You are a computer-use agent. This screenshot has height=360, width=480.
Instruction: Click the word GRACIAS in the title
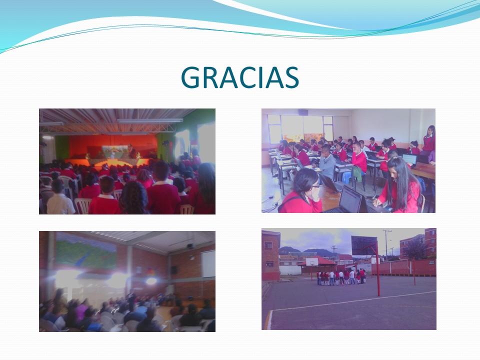tap(239, 77)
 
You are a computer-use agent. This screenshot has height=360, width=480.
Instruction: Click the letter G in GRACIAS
tap(190, 77)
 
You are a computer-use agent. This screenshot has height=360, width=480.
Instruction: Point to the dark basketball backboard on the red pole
tap(364, 245)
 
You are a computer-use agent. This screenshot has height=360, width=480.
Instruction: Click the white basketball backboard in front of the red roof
tap(311, 262)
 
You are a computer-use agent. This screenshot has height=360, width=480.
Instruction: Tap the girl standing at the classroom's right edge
tap(428, 140)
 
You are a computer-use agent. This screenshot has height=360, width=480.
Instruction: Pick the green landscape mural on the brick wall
tap(86, 251)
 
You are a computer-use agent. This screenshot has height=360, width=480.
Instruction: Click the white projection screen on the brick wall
tap(208, 264)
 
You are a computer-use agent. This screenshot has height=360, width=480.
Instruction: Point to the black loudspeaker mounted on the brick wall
tap(173, 269)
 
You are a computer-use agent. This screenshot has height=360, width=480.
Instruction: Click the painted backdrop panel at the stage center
tap(115, 152)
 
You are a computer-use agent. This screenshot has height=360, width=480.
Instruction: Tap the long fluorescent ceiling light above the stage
tap(149, 120)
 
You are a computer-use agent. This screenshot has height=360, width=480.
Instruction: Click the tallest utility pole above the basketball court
tap(387, 245)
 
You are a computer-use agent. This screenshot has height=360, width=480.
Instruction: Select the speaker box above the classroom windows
tap(303, 112)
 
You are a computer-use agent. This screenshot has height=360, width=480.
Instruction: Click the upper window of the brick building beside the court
tap(268, 245)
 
